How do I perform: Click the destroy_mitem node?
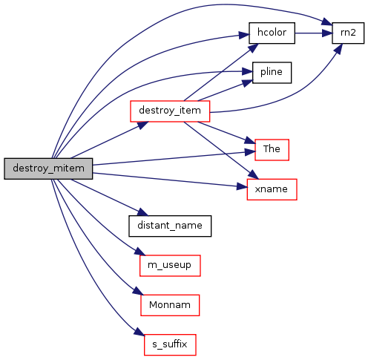48,168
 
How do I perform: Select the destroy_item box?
170,111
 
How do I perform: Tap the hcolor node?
272,33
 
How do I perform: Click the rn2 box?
348,33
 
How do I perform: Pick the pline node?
272,73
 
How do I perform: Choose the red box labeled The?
272,150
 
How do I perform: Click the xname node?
272,189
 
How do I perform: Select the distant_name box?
170,226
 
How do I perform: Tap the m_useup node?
170,266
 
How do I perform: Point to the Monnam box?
170,305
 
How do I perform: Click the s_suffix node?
170,344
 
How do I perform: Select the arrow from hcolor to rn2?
313,33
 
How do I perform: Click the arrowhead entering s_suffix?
139,332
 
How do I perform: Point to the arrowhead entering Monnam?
138,291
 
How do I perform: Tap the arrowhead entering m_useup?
140,252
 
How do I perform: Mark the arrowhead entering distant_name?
142,212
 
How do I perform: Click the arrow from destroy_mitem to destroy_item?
110,140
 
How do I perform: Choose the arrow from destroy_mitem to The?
174,158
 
